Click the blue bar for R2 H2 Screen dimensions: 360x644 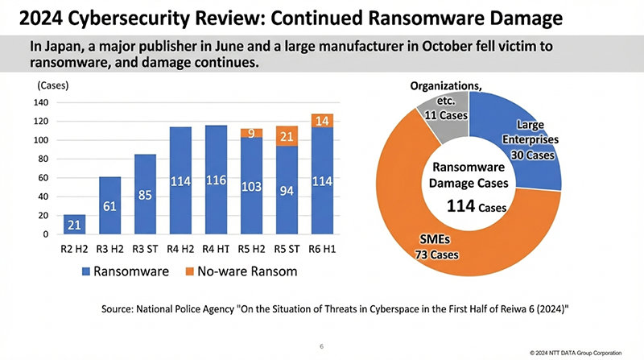[75, 224]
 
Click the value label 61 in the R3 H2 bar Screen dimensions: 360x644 [109, 207]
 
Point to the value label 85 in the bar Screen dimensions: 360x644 [145, 195]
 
